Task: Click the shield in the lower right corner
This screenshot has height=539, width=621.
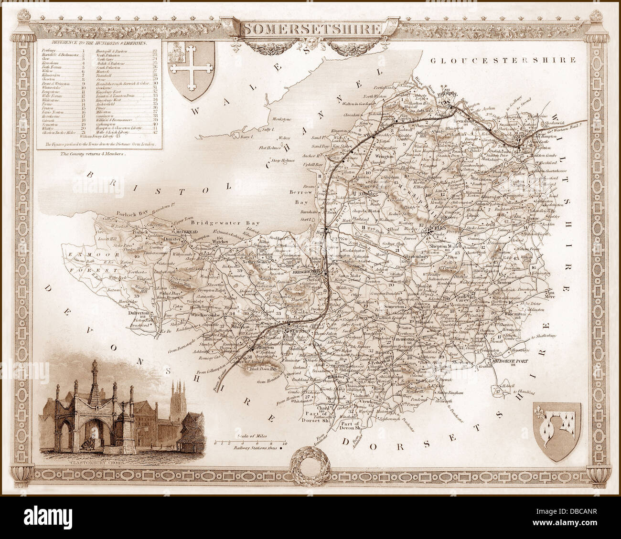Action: coord(557,431)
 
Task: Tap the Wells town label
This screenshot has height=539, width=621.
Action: coord(437,228)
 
